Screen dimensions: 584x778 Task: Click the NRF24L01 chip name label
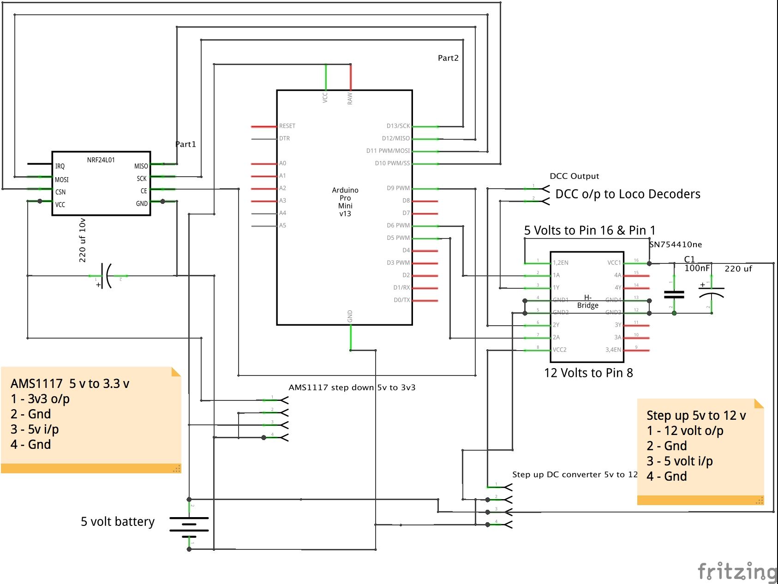pyautogui.click(x=101, y=160)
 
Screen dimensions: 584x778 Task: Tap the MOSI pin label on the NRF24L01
pyautogui.click(x=62, y=179)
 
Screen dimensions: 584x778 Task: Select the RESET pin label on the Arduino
pyautogui.click(x=287, y=126)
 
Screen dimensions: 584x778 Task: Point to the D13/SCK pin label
pyautogui.click(x=398, y=126)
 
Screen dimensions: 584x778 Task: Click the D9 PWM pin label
pyautogui.click(x=398, y=188)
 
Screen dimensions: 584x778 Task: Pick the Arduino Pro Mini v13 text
pyautogui.click(x=345, y=202)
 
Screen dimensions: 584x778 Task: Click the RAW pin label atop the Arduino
pyautogui.click(x=350, y=98)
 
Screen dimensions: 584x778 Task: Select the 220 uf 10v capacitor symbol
pyautogui.click(x=108, y=276)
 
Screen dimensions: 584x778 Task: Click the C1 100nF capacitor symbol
pyautogui.click(x=674, y=294)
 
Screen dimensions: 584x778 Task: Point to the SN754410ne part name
pyautogui.click(x=676, y=244)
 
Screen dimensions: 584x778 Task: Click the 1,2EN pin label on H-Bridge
pyautogui.click(x=561, y=263)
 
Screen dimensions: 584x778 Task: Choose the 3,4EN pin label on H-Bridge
pyautogui.click(x=613, y=350)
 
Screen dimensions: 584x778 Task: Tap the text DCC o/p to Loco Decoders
pyautogui.click(x=628, y=194)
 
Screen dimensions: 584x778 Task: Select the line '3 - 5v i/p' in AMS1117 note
pyautogui.click(x=35, y=429)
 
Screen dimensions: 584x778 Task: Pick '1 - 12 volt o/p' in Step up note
pyautogui.click(x=685, y=431)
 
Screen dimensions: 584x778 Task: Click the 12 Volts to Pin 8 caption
pyautogui.click(x=588, y=373)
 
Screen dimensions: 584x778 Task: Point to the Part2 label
pyautogui.click(x=448, y=58)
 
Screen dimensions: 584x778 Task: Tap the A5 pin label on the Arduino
pyautogui.click(x=282, y=226)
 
